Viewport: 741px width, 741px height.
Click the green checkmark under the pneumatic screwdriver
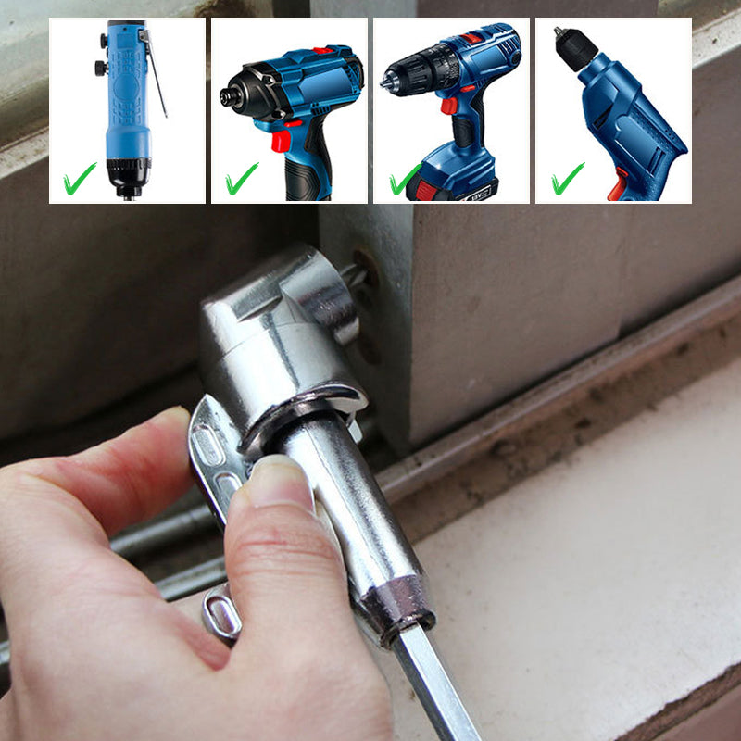coord(80,179)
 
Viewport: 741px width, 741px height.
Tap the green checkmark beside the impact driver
coord(242,178)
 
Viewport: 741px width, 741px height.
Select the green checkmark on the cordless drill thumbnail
coord(404,179)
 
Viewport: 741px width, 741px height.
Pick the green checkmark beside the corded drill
coord(567,178)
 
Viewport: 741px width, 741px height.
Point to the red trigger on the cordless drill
coord(449,105)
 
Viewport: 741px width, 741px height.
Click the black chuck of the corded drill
coord(573,49)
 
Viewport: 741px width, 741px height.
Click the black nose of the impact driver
coord(233,94)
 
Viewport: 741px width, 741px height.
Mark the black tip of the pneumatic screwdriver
coord(128,176)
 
